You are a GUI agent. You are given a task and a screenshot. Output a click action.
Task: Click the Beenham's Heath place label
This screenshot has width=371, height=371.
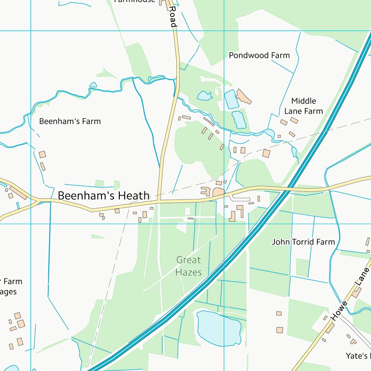coord(103,196)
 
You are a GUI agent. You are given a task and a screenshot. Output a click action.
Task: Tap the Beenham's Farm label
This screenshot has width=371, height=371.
coord(70,121)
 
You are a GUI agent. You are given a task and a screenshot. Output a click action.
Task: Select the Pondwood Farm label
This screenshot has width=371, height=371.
coord(259,55)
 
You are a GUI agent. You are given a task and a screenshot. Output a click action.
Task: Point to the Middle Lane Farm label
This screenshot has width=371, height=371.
coord(303,106)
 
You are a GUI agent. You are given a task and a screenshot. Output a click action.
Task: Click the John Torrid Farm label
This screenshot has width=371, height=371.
coord(303,242)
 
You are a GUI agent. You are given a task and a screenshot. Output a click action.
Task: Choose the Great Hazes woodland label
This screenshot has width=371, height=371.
coord(188,266)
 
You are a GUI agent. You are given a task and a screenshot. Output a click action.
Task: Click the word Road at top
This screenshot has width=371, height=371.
coord(172,16)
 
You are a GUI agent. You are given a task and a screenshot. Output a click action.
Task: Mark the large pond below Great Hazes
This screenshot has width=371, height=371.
coord(219,328)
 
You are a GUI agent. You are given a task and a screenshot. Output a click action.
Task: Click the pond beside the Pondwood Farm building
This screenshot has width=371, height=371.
coord(231,99)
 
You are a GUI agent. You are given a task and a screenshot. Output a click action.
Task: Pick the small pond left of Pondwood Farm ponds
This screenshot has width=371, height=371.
coord(204,96)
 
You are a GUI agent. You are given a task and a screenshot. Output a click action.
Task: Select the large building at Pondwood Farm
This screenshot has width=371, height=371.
coord(244,97)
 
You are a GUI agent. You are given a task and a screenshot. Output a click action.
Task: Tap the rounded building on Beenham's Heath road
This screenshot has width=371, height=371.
coord(218,192)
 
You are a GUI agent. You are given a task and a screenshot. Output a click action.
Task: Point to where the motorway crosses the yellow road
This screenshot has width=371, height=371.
coord(286,190)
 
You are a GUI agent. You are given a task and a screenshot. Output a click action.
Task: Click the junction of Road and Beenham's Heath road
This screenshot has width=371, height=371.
coord(159,200)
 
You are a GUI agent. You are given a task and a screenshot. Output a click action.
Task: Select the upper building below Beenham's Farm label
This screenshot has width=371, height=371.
coord(43,155)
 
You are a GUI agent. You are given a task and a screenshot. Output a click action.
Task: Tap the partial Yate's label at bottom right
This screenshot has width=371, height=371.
coord(358,357)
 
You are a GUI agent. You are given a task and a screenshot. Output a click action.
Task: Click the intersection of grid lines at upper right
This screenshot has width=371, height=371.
coord(224,30)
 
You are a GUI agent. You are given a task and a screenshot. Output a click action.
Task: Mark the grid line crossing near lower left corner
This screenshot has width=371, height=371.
coord(31,224)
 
